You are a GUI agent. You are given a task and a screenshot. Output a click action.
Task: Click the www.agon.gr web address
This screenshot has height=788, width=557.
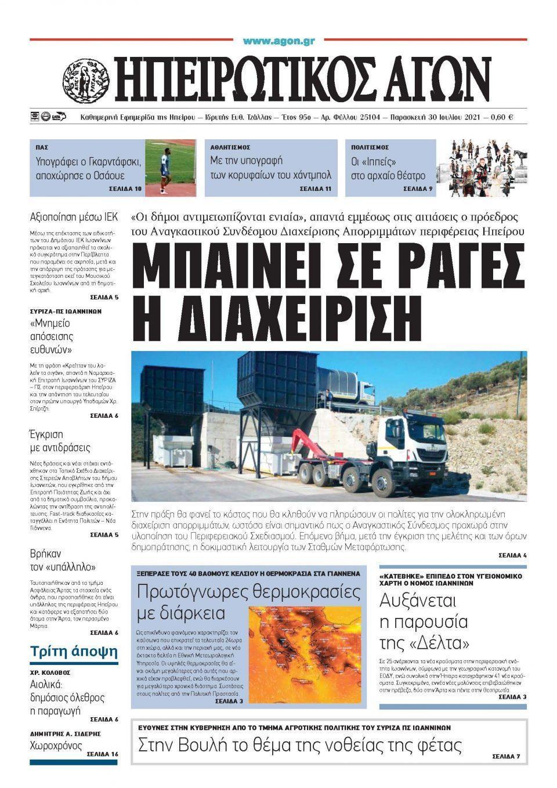tap(278, 41)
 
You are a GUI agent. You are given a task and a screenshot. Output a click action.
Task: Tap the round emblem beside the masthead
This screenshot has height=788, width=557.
tap(86, 79)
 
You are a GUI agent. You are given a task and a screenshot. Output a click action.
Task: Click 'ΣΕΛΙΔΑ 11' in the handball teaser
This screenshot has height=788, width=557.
tap(315, 189)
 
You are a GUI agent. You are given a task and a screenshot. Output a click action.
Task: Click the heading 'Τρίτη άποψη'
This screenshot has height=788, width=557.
tap(74, 650)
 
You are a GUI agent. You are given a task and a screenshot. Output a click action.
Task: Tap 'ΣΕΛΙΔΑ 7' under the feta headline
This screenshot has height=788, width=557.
tap(506, 757)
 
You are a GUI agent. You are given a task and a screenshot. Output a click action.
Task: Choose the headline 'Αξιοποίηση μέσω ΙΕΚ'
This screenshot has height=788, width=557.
tap(74, 218)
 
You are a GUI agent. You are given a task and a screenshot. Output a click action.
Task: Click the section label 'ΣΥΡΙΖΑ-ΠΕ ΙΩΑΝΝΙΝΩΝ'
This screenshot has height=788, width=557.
tap(66, 311)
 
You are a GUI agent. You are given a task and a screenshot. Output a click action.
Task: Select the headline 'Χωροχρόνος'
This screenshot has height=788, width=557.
tap(56, 746)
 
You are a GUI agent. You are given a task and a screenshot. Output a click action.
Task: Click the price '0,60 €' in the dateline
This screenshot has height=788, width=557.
tap(501, 117)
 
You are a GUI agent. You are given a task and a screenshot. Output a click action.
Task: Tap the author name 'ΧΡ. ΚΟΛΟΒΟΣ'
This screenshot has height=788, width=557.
tap(50, 673)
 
